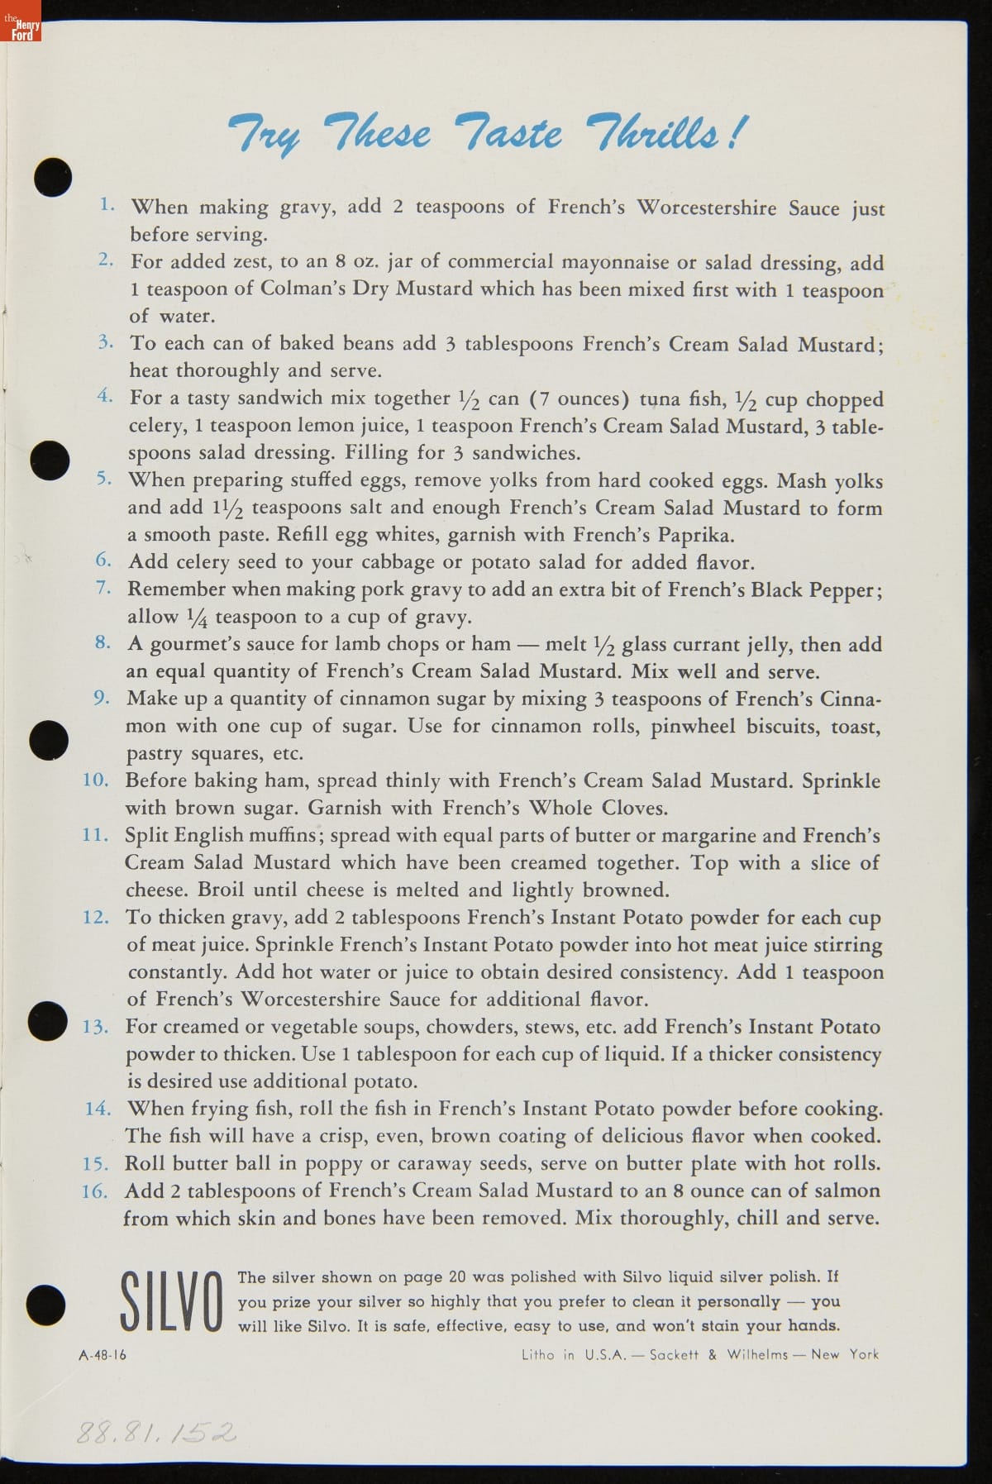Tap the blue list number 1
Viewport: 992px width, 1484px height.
tap(107, 204)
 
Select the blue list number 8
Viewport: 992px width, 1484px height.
tap(103, 642)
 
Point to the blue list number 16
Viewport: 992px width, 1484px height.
tap(95, 1191)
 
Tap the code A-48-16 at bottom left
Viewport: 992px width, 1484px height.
tap(103, 1355)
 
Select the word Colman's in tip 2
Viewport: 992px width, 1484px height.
tap(303, 289)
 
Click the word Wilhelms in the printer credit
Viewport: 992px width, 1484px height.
tap(757, 1355)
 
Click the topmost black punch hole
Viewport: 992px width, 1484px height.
tap(52, 176)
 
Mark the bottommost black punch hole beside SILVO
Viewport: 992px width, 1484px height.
tap(45, 1303)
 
